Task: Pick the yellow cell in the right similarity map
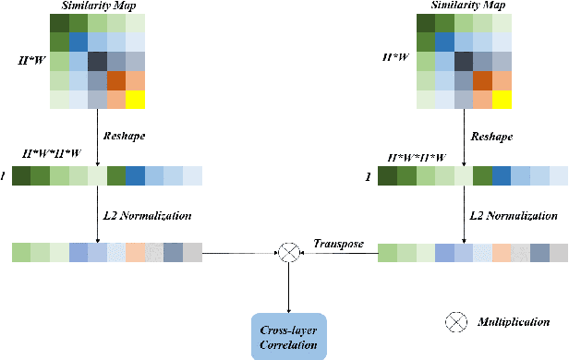click(501, 100)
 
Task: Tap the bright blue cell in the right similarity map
click(445, 42)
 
